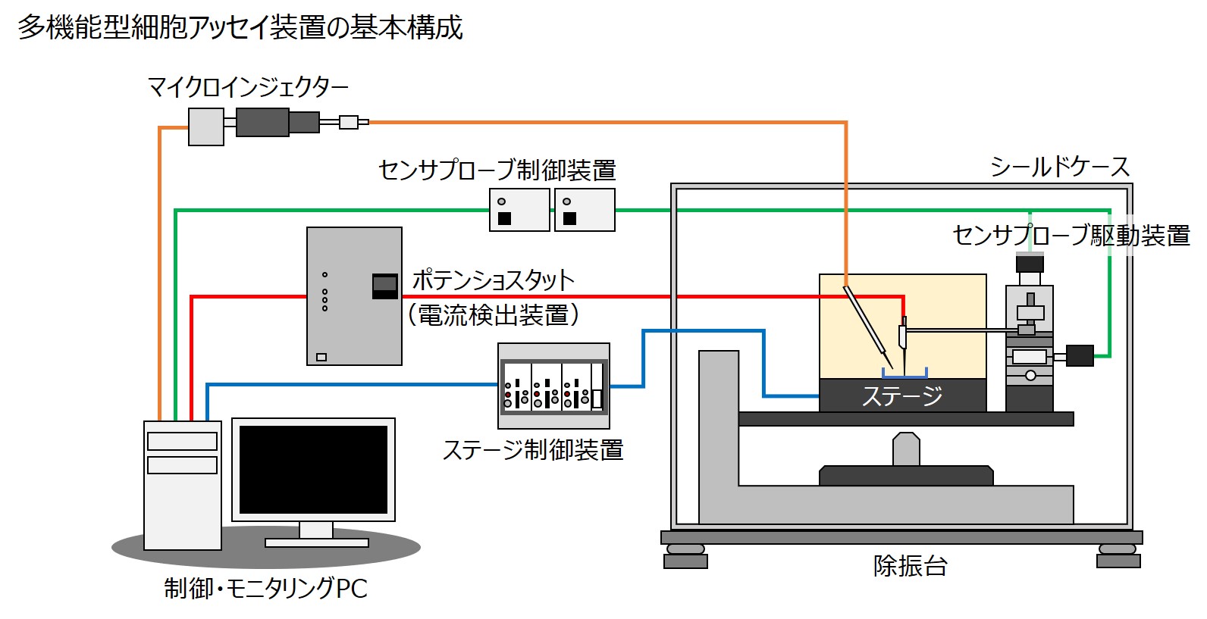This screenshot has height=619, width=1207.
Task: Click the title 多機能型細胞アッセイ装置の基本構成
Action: tap(240, 28)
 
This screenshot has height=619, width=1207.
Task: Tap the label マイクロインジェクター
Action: tap(248, 88)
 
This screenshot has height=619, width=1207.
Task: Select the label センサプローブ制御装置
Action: tap(497, 170)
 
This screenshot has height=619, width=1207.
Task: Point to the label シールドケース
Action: tap(1059, 167)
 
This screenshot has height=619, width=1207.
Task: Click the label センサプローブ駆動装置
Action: tap(1071, 236)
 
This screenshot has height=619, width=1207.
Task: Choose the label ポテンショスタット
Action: tap(493, 280)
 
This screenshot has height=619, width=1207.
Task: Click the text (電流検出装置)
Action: tap(493, 314)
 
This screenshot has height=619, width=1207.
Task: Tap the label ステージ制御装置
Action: tap(532, 450)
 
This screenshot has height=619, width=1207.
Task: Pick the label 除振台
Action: tap(910, 565)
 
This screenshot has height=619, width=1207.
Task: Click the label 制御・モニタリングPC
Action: tap(265, 589)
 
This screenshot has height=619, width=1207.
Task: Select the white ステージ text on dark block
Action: tap(902, 395)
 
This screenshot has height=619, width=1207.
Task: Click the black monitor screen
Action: tap(313, 469)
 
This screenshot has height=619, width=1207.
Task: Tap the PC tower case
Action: tap(183, 485)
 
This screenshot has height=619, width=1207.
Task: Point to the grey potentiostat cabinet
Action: tap(354, 295)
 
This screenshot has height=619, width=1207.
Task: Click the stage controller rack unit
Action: tap(553, 386)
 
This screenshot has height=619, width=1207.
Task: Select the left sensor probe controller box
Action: tap(519, 210)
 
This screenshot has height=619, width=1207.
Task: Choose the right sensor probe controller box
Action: tap(585, 210)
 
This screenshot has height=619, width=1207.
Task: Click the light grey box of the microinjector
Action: tap(205, 127)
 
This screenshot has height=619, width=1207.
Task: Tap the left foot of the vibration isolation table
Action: tap(685, 558)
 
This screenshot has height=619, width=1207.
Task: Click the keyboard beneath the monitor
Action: tap(317, 542)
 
